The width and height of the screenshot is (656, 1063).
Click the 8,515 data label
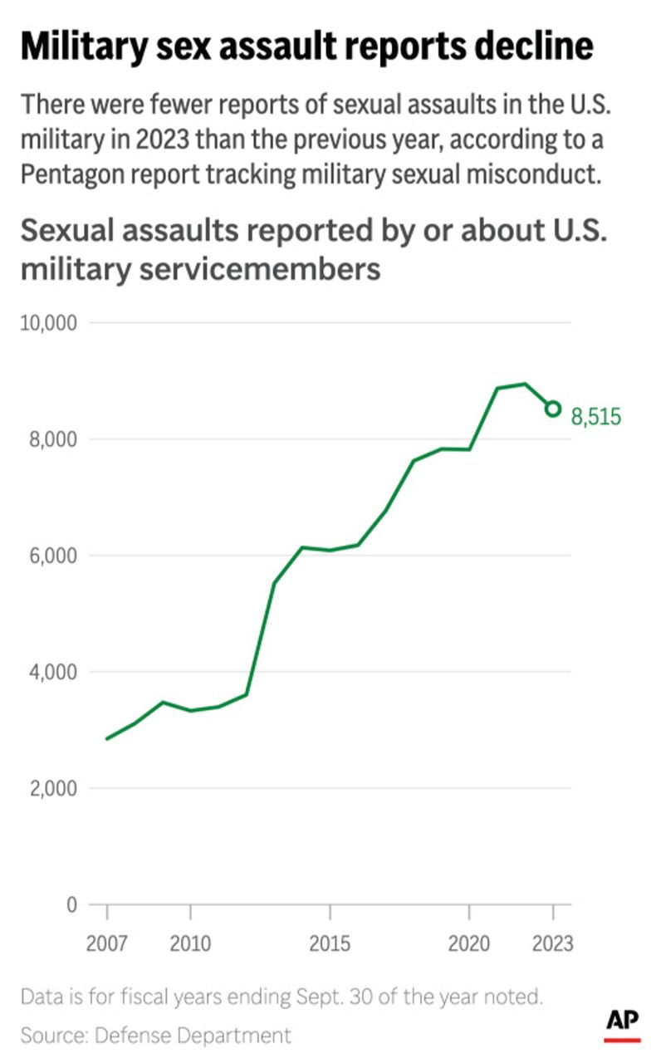click(595, 417)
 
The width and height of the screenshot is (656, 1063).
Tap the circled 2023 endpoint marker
click(553, 409)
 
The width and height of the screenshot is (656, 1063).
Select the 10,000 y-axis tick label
click(48, 322)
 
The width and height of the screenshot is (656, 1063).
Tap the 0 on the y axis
click(71, 904)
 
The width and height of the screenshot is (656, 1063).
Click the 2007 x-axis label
click(107, 944)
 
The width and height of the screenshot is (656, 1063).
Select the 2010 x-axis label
click(191, 944)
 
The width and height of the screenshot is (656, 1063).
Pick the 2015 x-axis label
click(330, 944)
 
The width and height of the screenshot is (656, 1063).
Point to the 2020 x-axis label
click(469, 944)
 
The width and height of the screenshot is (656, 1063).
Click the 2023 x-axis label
click(552, 944)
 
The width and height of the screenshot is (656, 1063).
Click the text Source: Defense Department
click(156, 1035)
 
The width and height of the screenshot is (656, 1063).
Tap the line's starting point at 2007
click(107, 738)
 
